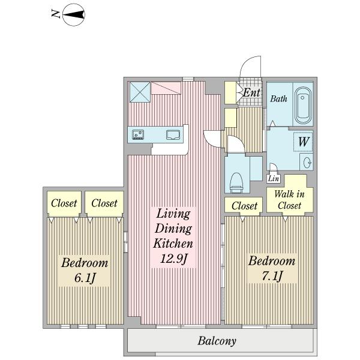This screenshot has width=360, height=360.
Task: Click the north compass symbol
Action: (74, 14)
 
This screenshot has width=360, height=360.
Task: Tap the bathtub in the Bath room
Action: (303, 106)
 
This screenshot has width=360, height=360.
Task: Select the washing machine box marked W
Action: (303, 142)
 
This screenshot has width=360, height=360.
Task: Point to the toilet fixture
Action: (236, 182)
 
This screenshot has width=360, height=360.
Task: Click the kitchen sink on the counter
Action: (173, 135)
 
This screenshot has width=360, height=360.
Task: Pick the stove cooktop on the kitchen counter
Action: (138, 134)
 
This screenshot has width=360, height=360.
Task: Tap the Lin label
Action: (274, 178)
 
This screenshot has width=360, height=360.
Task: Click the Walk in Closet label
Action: (289, 200)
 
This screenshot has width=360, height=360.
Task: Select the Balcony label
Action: (217, 341)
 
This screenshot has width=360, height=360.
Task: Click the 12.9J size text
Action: (174, 259)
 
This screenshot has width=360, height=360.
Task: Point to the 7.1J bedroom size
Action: (272, 276)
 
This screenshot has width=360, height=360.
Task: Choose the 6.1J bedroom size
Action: (85, 278)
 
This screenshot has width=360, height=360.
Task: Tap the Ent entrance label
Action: (251, 92)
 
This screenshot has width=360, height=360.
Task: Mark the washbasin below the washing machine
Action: (307, 163)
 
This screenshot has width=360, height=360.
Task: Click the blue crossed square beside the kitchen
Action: (140, 92)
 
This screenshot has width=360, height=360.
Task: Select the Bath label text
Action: (278, 99)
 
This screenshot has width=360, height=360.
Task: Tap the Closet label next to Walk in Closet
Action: (244, 206)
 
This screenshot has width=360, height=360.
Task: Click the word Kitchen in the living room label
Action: (173, 244)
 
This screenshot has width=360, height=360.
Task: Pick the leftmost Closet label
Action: (64, 203)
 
